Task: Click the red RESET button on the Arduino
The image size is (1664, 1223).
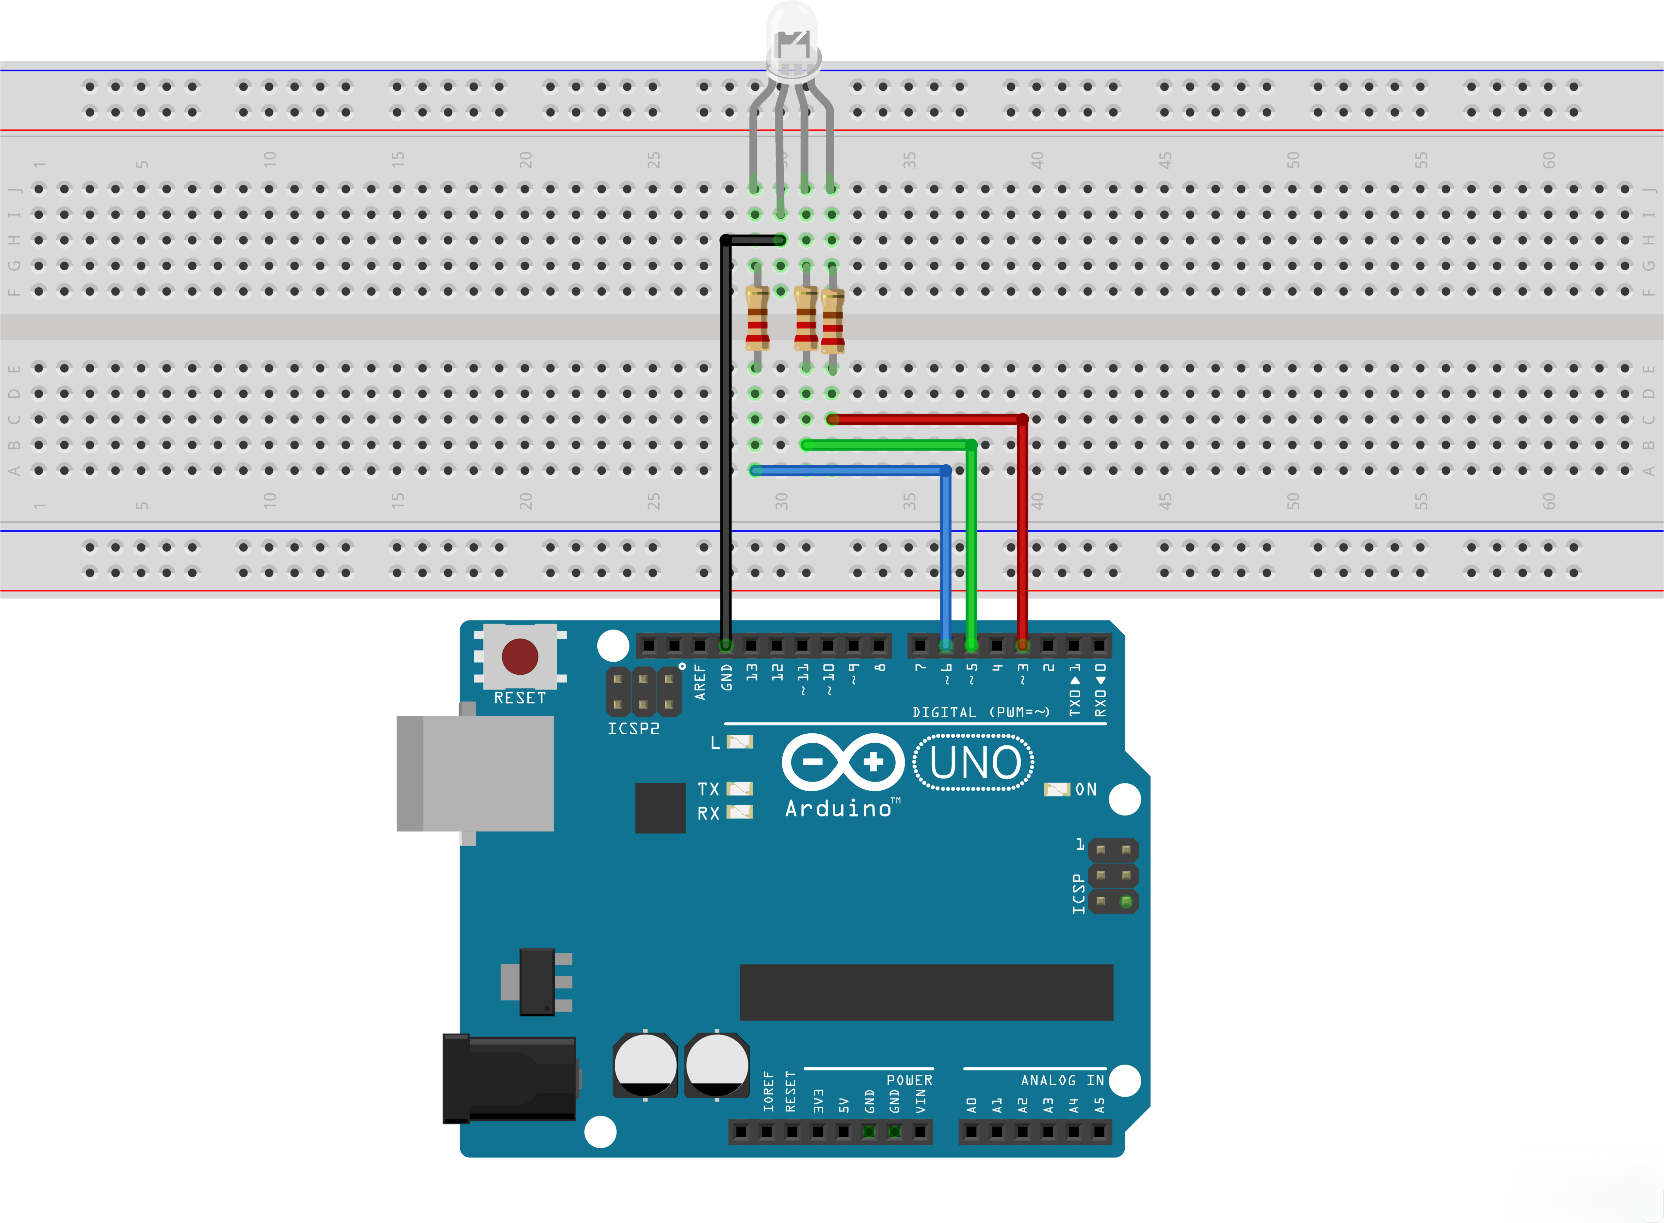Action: [520, 657]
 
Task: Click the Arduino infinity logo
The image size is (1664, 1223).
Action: [843, 762]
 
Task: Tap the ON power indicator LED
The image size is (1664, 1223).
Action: [1056, 789]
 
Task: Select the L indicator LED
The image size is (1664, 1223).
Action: [739, 742]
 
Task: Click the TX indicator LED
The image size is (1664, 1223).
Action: [739, 789]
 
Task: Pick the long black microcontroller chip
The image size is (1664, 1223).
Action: [926, 992]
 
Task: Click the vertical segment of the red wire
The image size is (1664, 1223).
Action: [1022, 533]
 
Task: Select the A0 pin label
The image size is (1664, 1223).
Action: [972, 1105]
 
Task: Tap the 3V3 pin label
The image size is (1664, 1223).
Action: [818, 1101]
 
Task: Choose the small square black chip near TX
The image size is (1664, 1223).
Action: [660, 808]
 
